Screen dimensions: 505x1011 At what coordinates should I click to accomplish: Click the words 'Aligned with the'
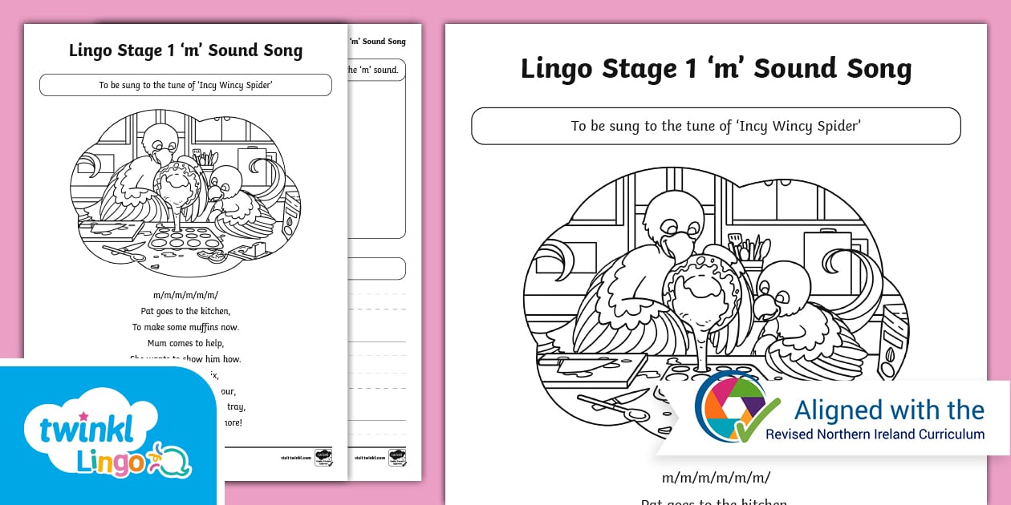click(x=888, y=410)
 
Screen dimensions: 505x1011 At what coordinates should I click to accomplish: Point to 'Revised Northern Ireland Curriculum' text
click(x=875, y=434)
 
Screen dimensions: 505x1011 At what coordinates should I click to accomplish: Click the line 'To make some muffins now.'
click(x=185, y=327)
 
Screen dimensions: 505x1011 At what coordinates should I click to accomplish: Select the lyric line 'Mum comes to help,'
click(x=185, y=343)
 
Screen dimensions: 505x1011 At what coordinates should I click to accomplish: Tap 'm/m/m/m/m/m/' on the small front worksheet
click(x=185, y=295)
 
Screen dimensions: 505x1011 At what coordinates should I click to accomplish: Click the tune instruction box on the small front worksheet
click(x=185, y=85)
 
